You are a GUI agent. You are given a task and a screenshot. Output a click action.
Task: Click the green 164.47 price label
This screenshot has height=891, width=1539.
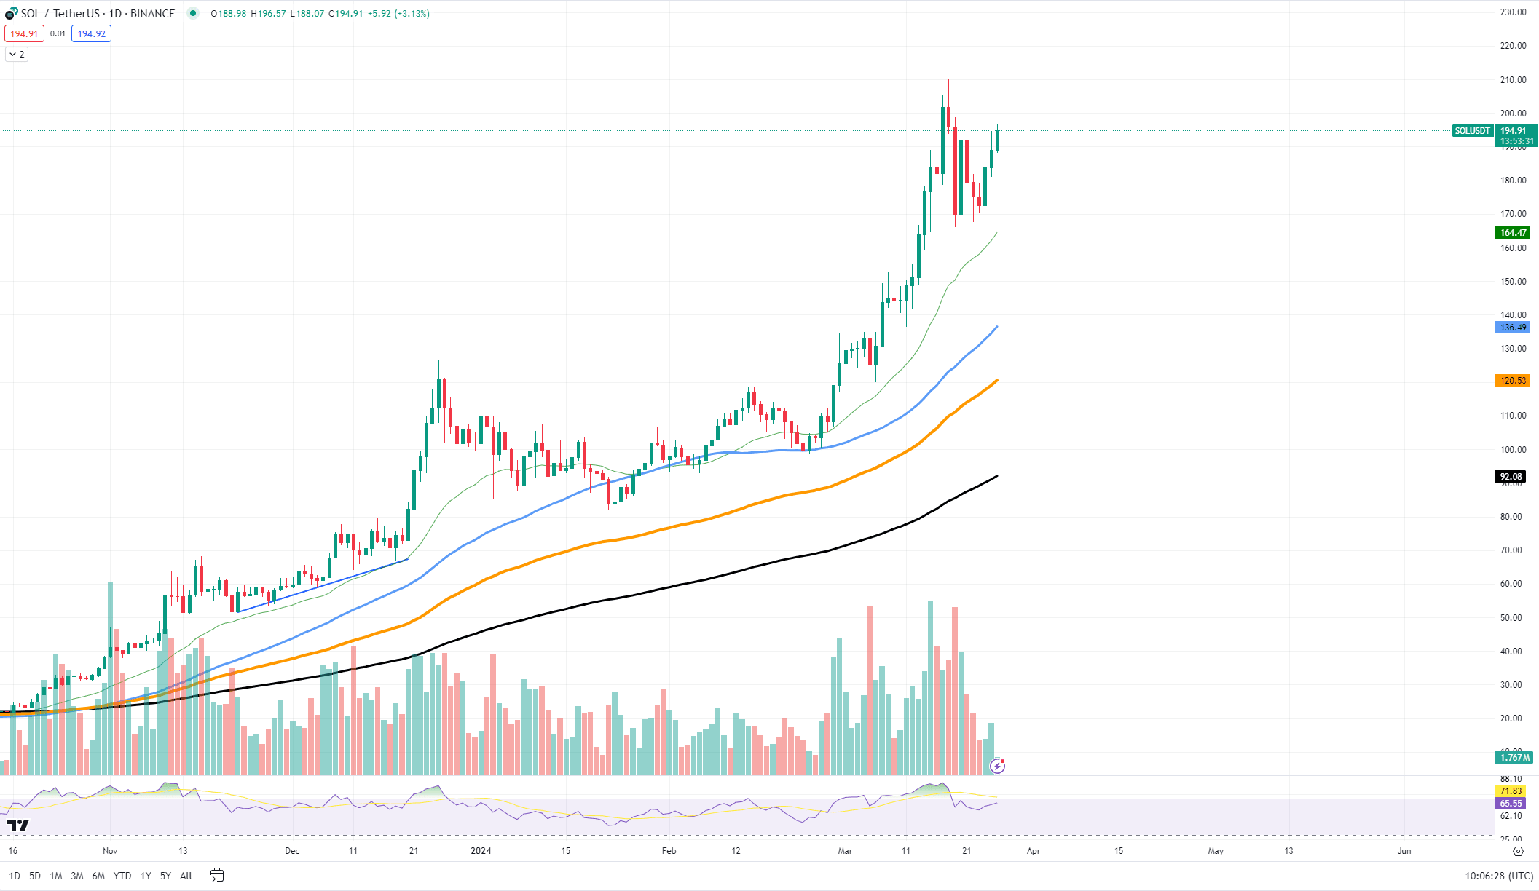[1512, 233]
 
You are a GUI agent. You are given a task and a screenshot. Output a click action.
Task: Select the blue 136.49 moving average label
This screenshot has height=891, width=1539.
[1512, 328]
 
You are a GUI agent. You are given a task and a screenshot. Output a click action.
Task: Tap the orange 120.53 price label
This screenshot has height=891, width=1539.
[1512, 381]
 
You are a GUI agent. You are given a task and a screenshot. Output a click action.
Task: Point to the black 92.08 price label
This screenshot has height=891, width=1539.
[1511, 477]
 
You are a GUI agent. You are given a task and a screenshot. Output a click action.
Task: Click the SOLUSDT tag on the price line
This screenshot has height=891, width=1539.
[1472, 131]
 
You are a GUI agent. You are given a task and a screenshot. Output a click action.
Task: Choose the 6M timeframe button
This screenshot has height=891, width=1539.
[98, 876]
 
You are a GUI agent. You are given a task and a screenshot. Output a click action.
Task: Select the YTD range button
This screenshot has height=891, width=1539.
[122, 876]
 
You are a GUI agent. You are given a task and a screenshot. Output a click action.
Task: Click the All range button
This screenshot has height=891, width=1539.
[186, 876]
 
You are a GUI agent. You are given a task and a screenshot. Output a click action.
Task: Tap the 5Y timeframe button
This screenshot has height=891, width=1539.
[165, 876]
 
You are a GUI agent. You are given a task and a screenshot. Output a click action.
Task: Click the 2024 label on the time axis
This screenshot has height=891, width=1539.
[481, 850]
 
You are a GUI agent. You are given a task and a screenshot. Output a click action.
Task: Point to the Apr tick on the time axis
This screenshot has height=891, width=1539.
[1033, 850]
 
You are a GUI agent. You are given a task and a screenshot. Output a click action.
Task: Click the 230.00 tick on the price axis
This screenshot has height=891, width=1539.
[1513, 12]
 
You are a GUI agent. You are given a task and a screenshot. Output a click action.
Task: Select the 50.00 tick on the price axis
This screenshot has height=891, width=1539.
[1511, 617]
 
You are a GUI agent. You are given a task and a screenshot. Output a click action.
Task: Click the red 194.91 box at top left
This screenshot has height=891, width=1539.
[24, 33]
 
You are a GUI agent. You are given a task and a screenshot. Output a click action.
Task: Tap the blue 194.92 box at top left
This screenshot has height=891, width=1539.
[91, 33]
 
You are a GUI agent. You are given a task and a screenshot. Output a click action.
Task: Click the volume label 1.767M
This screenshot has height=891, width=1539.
[1514, 758]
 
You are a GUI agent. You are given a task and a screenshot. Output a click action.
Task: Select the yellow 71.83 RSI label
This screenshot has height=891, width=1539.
[1511, 791]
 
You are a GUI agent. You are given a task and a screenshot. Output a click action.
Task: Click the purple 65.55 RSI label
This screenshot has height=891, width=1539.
[1511, 804]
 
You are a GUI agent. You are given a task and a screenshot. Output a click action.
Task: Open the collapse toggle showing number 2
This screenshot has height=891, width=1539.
[17, 54]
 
